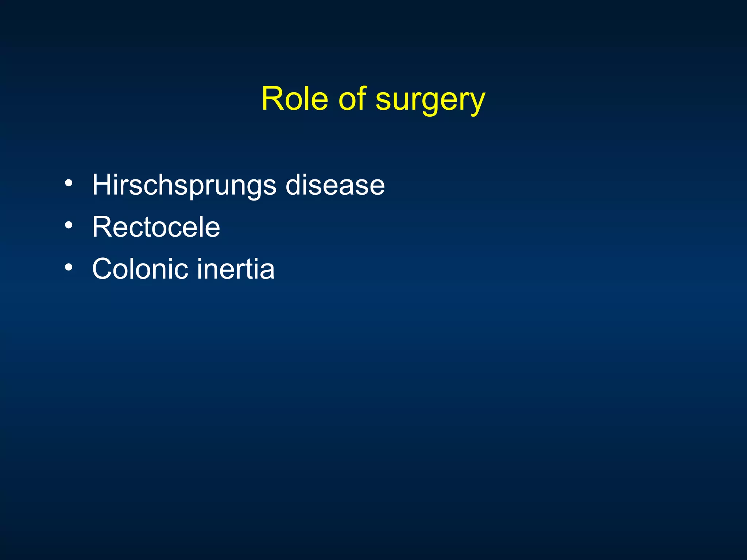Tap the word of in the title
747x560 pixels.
point(352,99)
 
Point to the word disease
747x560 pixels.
point(335,185)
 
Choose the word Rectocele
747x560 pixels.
point(156,227)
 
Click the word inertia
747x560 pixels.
point(236,269)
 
